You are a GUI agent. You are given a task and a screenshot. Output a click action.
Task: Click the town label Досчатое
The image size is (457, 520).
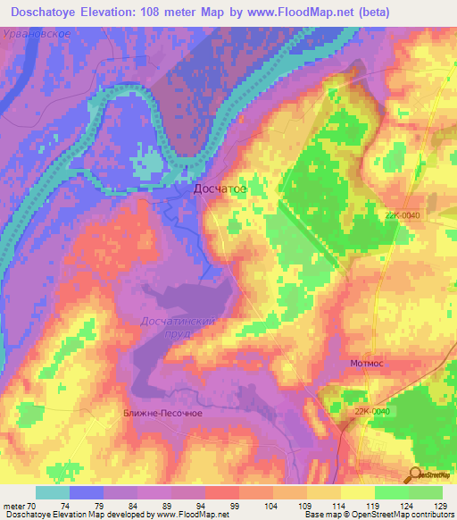click(220, 189)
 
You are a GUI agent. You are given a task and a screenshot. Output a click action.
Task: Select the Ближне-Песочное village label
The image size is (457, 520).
click(162, 414)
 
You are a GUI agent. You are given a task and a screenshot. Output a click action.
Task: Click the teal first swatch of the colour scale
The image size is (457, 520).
click(53, 492)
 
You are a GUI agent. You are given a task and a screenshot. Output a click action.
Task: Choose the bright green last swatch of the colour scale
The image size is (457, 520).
click(426, 492)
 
